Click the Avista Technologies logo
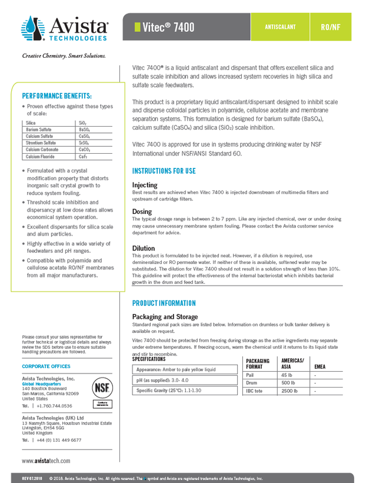(x=65, y=28)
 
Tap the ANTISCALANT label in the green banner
(x=280, y=27)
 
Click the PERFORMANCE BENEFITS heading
(x=56, y=96)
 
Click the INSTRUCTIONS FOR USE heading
(x=164, y=171)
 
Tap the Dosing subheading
(x=142, y=211)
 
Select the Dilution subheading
(x=144, y=249)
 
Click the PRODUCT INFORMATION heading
(x=164, y=303)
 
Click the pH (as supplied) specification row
(x=161, y=380)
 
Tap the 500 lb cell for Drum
(x=289, y=383)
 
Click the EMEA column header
(x=320, y=366)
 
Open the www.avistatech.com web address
(x=46, y=461)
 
